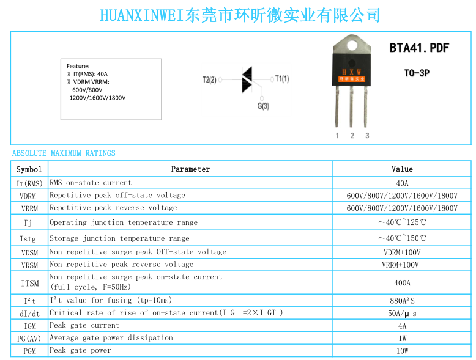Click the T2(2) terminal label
tap(209, 80)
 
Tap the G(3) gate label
tap(263, 106)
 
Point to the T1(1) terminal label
tap(282, 79)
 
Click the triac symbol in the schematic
tap(247, 80)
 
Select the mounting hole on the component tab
tap(352, 45)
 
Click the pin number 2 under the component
tap(352, 136)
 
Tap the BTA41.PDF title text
tap(419, 48)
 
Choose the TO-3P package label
tap(417, 73)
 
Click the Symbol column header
tap(29, 169)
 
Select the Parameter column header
tap(190, 169)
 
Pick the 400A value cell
tap(402, 283)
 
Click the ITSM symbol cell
tap(30, 283)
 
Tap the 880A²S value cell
tap(402, 301)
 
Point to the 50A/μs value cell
tap(402, 314)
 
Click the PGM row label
tap(30, 351)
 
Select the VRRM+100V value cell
tap(400, 265)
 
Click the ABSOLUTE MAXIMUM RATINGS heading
tap(64, 153)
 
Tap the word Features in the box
tap(78, 66)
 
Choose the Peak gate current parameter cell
tap(84, 325)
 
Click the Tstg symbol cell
tap(28, 239)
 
